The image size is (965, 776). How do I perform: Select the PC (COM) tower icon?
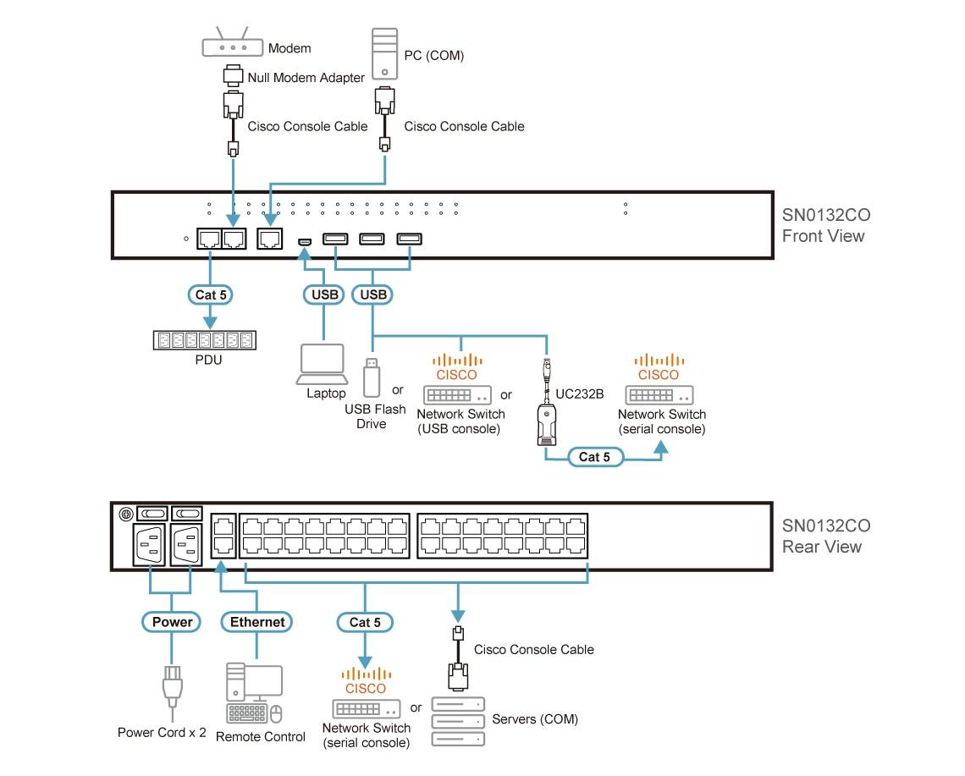tap(384, 53)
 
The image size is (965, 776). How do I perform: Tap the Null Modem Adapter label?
tap(306, 78)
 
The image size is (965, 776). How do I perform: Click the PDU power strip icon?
tap(205, 340)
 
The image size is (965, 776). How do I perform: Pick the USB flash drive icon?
tap(371, 377)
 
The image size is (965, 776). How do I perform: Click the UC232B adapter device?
tap(548, 423)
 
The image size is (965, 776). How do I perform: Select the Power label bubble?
tap(172, 622)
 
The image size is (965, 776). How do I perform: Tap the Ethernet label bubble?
tap(257, 622)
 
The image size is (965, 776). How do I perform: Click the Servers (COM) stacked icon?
tap(458, 721)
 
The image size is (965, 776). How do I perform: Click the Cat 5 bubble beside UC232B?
tap(594, 457)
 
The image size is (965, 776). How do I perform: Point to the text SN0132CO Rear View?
tap(823, 537)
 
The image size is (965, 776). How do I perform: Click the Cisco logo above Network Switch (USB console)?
tap(456, 367)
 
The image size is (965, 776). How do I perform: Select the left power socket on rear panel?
tap(150, 546)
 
